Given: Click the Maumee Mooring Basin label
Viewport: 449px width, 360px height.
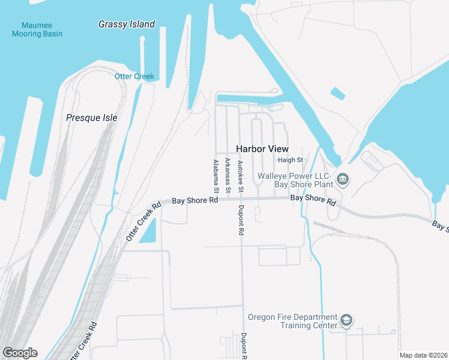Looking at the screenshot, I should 37,29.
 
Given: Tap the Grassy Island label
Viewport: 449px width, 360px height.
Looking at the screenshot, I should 127,25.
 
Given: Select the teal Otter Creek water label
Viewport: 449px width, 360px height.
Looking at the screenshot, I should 134,76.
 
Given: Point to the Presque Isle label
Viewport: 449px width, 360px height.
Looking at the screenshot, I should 92,118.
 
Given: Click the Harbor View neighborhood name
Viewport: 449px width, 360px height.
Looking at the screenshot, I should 262,148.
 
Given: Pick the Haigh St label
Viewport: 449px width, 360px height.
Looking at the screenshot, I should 292,160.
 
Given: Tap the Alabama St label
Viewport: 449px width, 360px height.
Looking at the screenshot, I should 215,176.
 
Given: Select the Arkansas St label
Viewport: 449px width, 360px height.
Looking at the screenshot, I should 228,175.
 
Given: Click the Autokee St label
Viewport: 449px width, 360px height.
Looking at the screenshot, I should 240,176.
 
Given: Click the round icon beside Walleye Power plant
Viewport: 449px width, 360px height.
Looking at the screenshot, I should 343,179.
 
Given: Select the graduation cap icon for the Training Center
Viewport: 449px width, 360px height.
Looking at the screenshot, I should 346,321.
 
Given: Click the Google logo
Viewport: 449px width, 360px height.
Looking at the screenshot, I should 20,352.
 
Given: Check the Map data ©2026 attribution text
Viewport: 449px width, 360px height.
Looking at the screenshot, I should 423,355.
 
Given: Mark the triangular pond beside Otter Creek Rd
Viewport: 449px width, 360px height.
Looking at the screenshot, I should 150,232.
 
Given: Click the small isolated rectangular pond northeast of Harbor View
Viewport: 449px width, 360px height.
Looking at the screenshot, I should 338,94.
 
